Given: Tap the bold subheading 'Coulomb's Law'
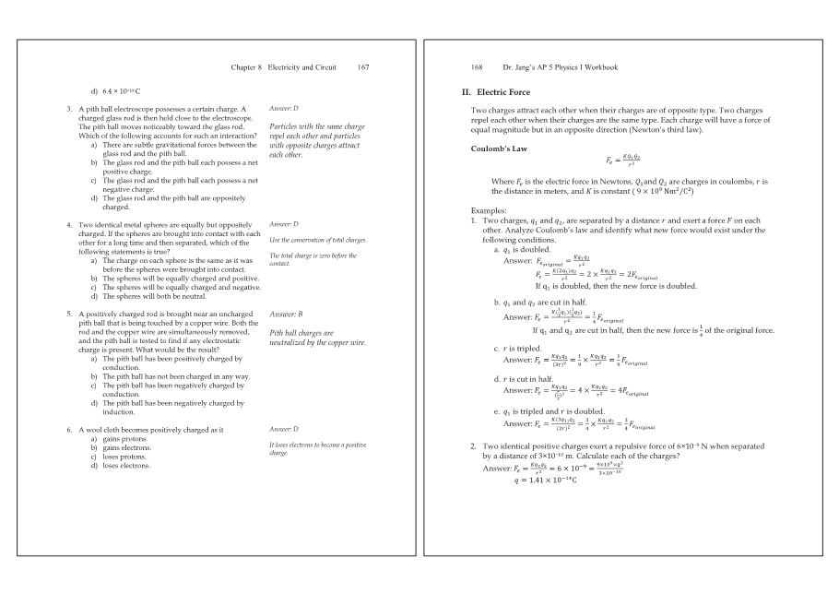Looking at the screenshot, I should (x=498, y=148).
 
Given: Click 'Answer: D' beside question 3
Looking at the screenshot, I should (x=283, y=109).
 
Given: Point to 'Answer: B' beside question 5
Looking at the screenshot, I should (x=283, y=315).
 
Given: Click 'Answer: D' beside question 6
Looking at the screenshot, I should (x=283, y=429).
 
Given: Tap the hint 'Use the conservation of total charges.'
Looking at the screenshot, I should (x=317, y=240).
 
